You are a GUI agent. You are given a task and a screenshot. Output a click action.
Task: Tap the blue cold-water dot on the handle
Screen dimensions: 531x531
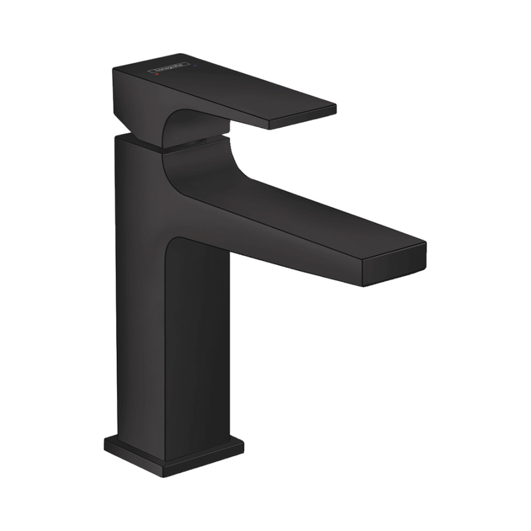[x=195, y=65]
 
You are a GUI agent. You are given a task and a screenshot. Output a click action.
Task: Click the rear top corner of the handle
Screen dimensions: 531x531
[x=114, y=70]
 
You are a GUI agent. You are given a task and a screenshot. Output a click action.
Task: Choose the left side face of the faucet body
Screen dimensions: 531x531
[x=139, y=283]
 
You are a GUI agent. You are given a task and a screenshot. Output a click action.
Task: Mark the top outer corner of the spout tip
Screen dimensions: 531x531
[x=425, y=242]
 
